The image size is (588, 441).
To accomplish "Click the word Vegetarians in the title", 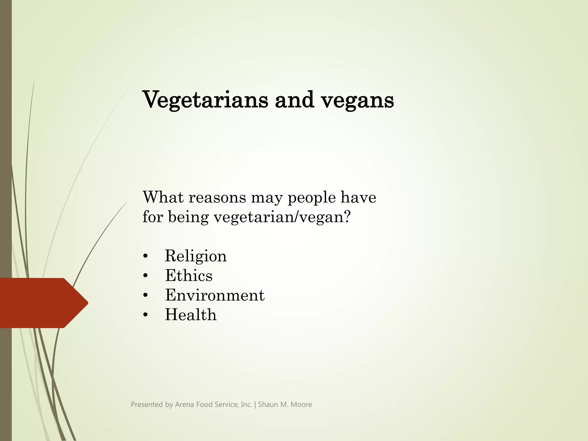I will coord(205,100).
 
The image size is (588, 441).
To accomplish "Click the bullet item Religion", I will coord(196,256).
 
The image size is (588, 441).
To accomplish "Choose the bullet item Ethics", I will coord(189,275).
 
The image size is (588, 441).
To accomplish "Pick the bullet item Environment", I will coord(214,295).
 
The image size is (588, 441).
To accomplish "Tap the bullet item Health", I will coord(191,315).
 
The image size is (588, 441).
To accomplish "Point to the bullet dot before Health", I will coord(146,315).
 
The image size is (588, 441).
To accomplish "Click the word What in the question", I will coord(163,197).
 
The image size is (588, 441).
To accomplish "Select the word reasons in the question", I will coord(217,198).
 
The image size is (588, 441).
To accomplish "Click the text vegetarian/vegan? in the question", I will coord(282,217).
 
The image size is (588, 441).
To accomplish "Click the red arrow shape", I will coord(43,303).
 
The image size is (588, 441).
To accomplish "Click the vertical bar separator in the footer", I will coord(255,405).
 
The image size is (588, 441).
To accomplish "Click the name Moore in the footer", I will coord(301,405).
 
